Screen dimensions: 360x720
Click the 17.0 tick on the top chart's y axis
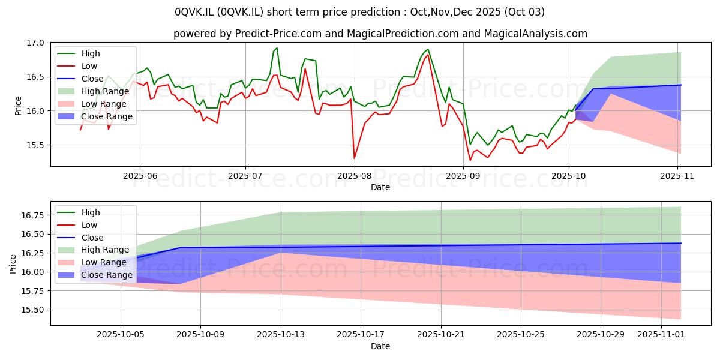(37, 43)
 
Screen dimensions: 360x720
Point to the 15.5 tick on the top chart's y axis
(37, 145)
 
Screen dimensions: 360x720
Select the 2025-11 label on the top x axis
(677, 176)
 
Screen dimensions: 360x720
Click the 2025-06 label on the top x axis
(140, 176)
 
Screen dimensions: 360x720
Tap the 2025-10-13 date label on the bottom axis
(281, 335)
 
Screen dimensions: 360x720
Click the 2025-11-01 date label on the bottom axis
(661, 335)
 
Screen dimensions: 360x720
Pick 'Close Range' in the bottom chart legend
(107, 275)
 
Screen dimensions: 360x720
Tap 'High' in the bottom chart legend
(91, 212)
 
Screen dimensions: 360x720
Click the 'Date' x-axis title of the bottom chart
(380, 346)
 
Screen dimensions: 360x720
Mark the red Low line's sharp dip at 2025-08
(355, 158)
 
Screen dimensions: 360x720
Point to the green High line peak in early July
(277, 48)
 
